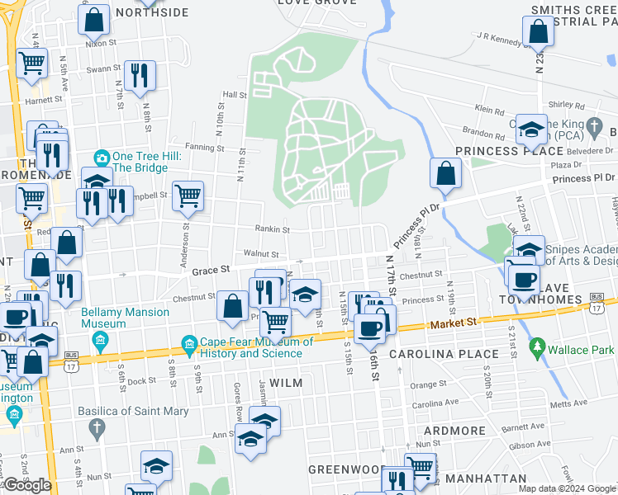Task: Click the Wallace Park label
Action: [582, 351]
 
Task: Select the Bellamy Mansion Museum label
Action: [126, 318]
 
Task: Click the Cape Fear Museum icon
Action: [189, 343]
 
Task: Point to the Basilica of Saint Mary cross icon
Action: [97, 427]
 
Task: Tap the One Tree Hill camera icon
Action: [102, 157]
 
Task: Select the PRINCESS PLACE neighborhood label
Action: [503, 151]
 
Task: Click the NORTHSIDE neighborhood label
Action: [152, 12]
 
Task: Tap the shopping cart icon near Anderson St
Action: [188, 195]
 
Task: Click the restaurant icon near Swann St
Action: [139, 74]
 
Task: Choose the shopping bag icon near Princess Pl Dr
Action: [444, 173]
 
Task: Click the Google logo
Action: [27, 485]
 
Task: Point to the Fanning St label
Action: [202, 147]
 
